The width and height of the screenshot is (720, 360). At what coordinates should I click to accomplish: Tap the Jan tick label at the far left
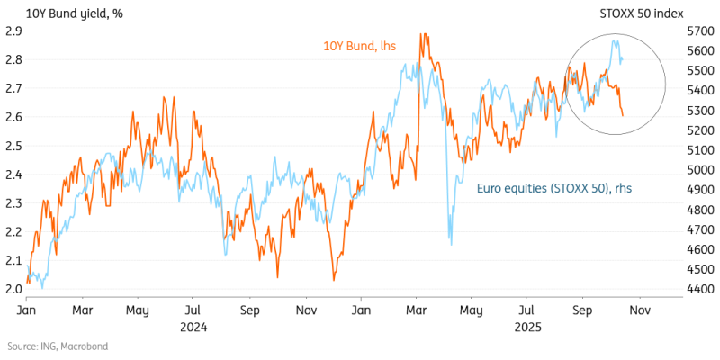coord(28,310)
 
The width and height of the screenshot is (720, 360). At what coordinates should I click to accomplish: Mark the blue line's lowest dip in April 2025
coord(450,244)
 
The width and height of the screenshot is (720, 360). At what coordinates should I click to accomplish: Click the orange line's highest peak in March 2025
coord(421,34)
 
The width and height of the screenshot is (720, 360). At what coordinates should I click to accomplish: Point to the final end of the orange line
coord(624,114)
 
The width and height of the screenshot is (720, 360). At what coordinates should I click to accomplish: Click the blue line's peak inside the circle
coord(616,40)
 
